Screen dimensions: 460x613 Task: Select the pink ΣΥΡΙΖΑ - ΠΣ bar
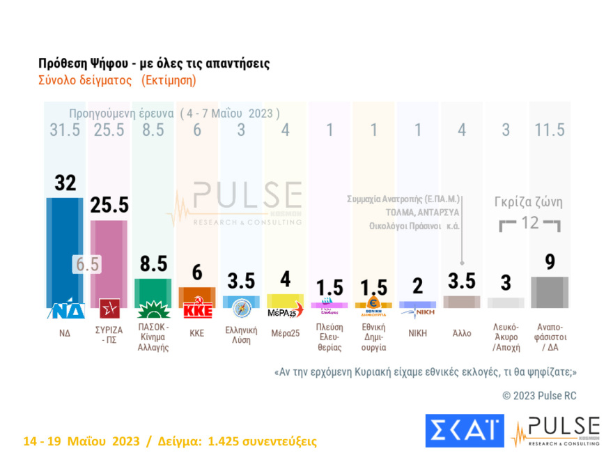[x=109, y=258]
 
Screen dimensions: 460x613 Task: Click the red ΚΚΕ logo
[x=197, y=310]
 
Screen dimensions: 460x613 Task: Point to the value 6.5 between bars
[x=87, y=265]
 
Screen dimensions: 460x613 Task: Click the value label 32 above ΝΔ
[x=65, y=183]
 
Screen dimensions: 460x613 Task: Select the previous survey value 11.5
[x=550, y=130]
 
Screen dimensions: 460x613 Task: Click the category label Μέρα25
[x=286, y=333]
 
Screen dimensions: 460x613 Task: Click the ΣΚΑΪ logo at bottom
[x=464, y=431]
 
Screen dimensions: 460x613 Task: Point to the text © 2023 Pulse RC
[x=539, y=396]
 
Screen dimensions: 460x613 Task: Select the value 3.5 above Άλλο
[x=461, y=281]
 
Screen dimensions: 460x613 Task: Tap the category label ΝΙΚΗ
[x=417, y=333]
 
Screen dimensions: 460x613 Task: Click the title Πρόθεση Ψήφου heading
[x=153, y=63]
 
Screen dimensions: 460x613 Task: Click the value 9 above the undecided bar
[x=550, y=263]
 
